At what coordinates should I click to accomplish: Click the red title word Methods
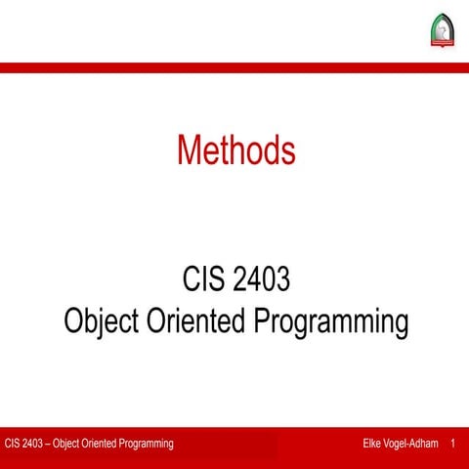pyautogui.click(x=235, y=149)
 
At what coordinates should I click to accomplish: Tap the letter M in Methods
pyautogui.click(x=190, y=149)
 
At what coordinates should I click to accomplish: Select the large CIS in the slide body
pyautogui.click(x=204, y=281)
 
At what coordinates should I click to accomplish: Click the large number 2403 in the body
pyautogui.click(x=263, y=281)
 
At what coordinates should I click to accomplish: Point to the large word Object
pyautogui.click(x=103, y=320)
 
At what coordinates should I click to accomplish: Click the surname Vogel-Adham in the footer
pyautogui.click(x=412, y=445)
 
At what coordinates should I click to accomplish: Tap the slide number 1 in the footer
pyautogui.click(x=453, y=445)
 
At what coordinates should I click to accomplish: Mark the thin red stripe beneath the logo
pyautogui.click(x=234, y=67)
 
